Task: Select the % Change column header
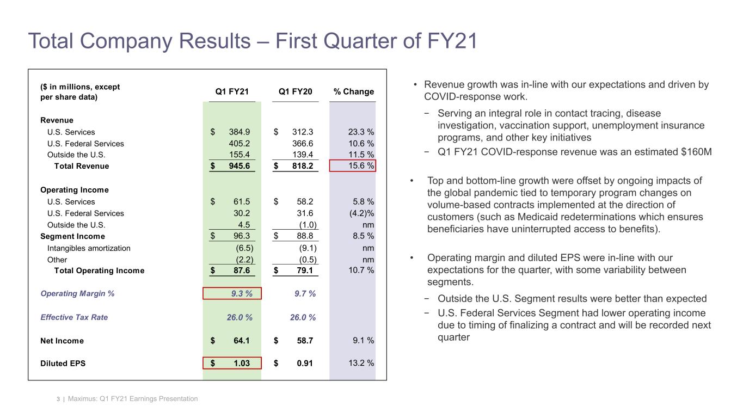(353, 91)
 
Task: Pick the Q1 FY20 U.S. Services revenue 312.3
(302, 132)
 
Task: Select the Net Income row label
(62, 341)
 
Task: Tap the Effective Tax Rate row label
(74, 317)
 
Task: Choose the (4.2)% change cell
(360, 213)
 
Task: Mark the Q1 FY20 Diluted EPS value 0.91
(304, 364)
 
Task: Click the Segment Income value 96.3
(239, 236)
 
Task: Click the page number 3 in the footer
(58, 399)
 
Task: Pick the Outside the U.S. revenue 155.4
(239, 155)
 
